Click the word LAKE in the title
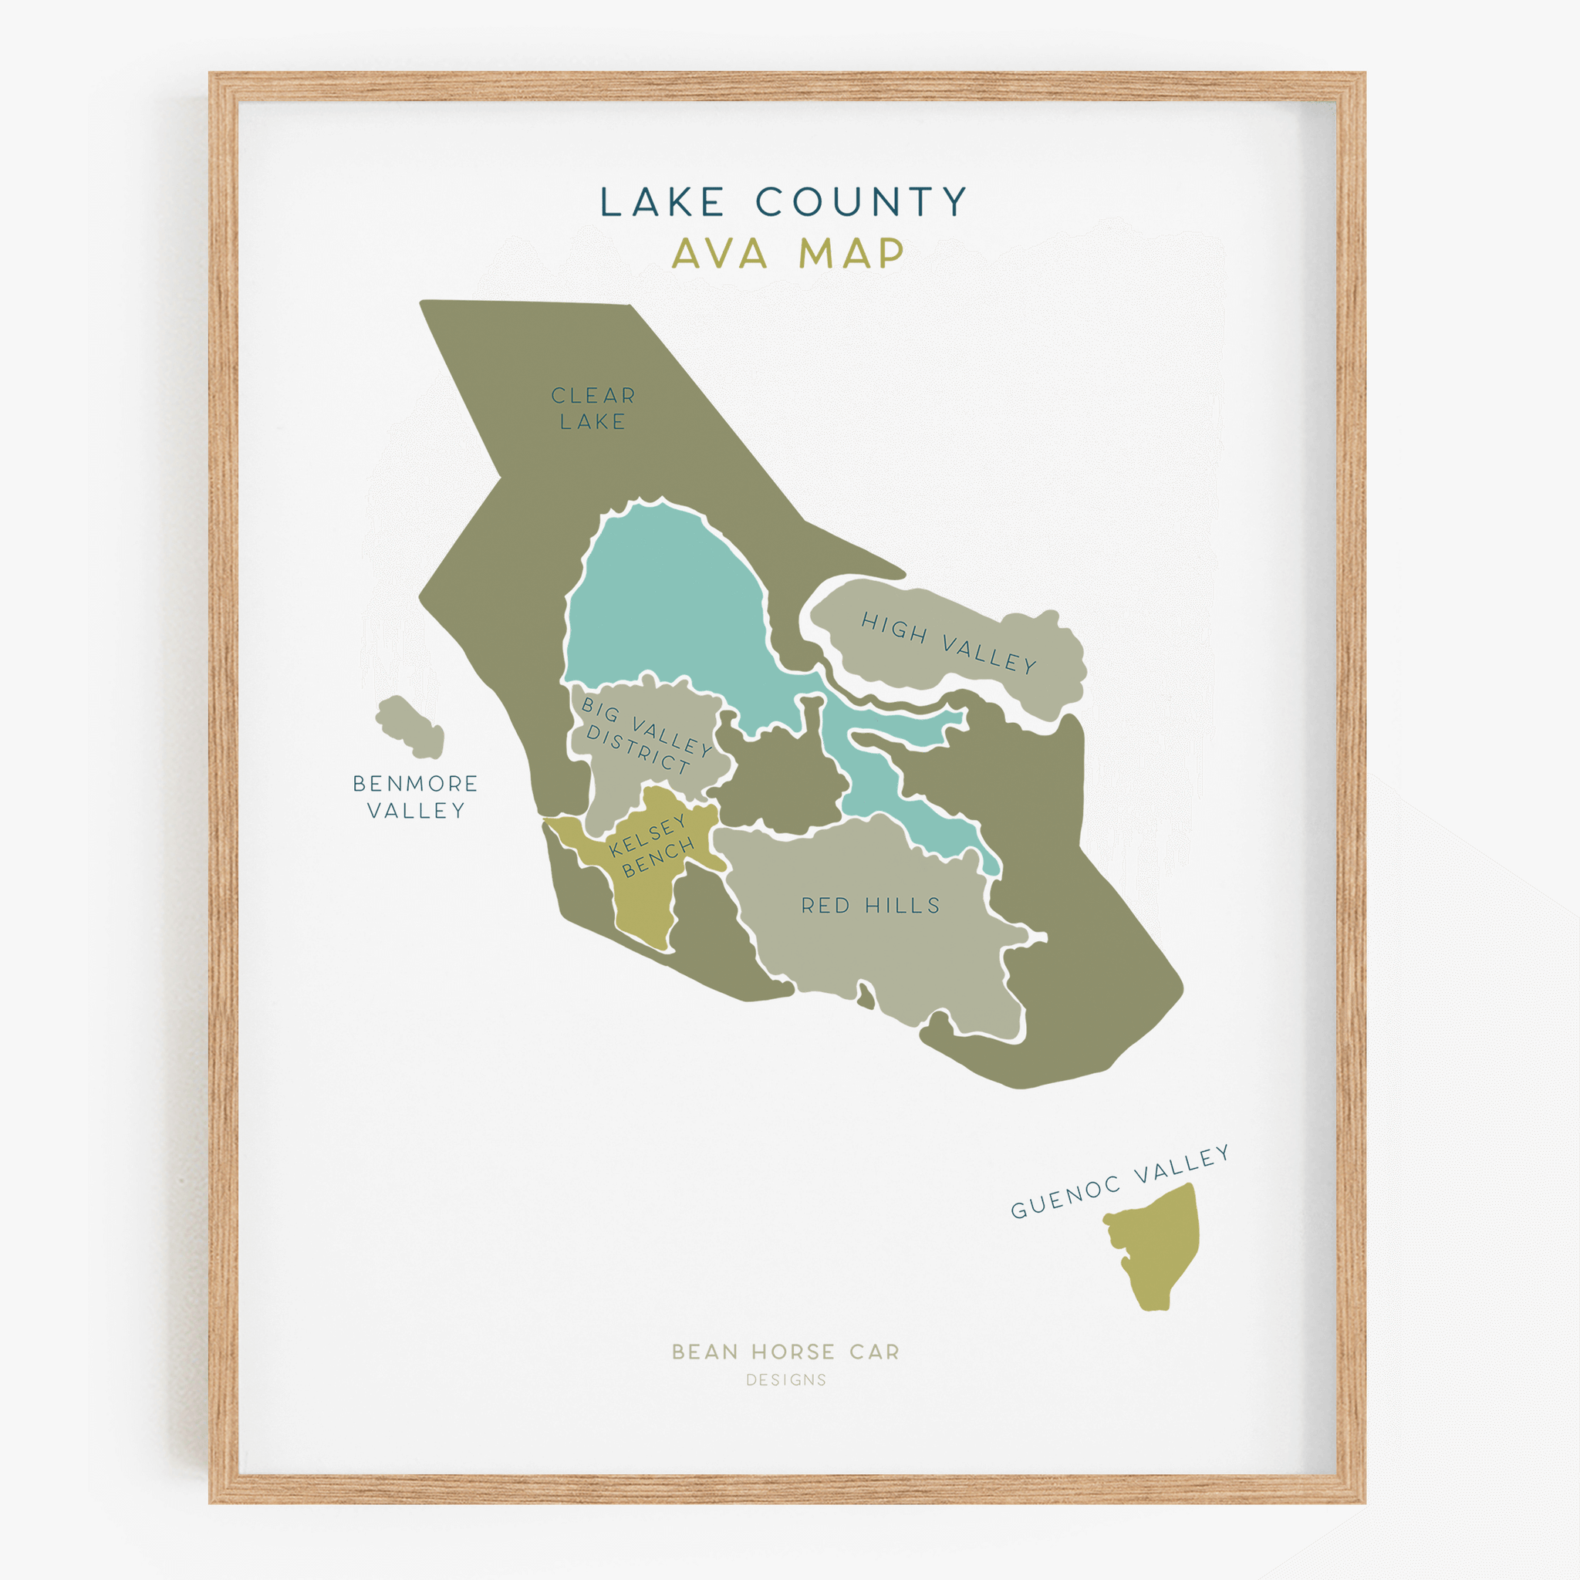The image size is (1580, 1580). pos(663,202)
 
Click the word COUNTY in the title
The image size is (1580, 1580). pos(861,202)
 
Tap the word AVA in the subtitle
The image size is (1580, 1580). pos(720,254)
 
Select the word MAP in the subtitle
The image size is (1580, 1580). pos(850,254)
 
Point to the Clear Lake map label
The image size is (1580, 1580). pos(593,408)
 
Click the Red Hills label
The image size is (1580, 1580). pos(870,905)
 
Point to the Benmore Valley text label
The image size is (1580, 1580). pos(416,796)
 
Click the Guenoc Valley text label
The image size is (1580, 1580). pos(1119,1183)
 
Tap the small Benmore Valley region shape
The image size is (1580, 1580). pos(410,726)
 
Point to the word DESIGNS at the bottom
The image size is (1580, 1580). pos(786,1380)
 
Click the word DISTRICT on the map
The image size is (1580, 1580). pos(638,750)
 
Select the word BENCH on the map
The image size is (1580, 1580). pos(658,859)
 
